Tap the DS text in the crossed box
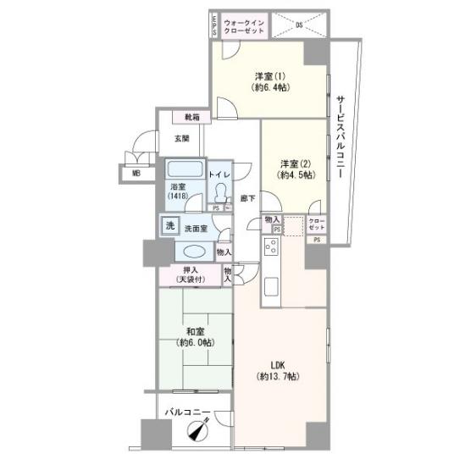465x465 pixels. pos(299,25)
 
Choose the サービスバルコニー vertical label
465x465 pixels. pos(338,136)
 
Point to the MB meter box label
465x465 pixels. pos(136,175)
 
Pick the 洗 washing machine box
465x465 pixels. pos(169,226)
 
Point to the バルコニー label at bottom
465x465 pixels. pos(187,414)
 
